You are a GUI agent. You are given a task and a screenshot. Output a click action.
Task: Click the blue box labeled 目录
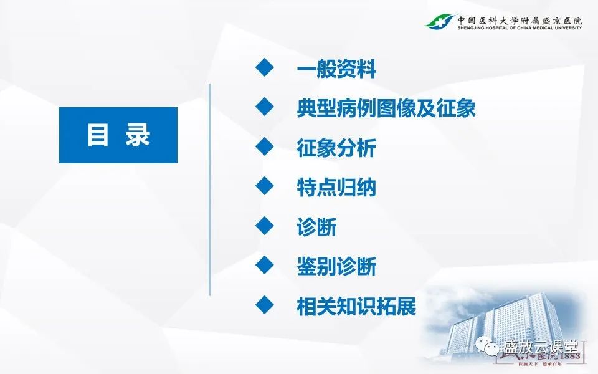click(118, 135)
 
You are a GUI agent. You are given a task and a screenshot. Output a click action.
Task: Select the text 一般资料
click(336, 70)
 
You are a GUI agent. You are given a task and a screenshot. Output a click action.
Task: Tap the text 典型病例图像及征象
click(386, 109)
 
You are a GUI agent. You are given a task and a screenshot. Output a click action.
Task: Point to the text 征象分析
click(336, 149)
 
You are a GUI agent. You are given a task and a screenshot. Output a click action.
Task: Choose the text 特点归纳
click(336, 188)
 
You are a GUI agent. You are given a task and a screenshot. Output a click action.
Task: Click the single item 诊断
click(316, 227)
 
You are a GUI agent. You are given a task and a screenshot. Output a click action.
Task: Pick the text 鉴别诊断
click(336, 267)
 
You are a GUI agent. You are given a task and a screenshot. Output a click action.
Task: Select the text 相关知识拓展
click(356, 306)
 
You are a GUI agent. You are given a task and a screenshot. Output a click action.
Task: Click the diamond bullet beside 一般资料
click(265, 67)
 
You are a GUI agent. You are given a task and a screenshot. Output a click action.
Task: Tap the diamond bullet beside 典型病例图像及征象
click(265, 107)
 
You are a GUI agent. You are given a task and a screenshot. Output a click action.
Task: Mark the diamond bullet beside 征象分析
click(265, 146)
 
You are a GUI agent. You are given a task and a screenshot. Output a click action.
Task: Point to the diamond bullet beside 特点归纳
click(265, 186)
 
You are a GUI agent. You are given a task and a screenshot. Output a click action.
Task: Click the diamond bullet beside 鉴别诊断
click(265, 264)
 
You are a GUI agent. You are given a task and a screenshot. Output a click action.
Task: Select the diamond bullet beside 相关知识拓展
click(265, 304)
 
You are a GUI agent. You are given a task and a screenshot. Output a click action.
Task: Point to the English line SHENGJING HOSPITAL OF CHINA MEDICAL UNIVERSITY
click(520, 28)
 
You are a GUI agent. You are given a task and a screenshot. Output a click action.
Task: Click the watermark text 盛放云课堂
click(541, 347)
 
